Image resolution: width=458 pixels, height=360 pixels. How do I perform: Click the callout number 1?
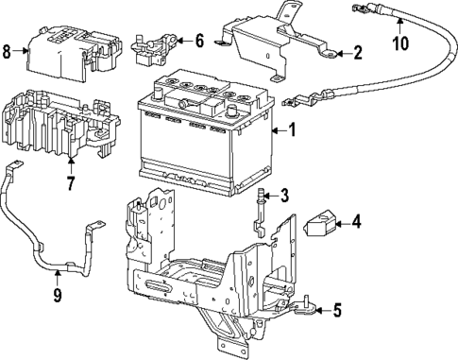292,130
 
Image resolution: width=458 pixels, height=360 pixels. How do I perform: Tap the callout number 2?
357,53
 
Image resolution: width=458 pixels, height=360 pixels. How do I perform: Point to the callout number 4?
356,224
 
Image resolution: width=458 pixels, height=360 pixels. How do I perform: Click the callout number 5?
338,308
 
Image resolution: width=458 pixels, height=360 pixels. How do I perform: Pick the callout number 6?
198,41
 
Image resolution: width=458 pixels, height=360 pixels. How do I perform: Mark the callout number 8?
8,51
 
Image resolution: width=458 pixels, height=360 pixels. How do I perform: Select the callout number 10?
399,42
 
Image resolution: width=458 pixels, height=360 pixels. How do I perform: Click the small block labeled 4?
319,226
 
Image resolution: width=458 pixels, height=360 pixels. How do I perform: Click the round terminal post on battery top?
231,107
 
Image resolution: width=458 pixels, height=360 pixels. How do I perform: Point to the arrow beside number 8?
23,51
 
